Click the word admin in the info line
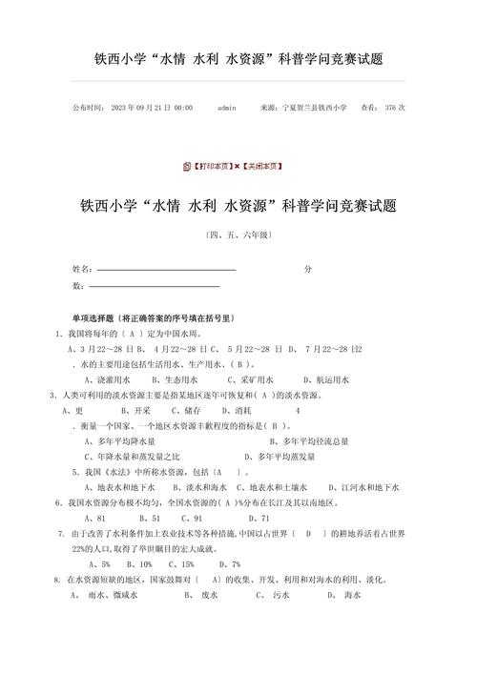pos(227,108)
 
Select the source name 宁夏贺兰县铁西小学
pos(315,108)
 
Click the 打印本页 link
pos(211,166)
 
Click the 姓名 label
pos(82,269)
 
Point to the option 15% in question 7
pos(192,563)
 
